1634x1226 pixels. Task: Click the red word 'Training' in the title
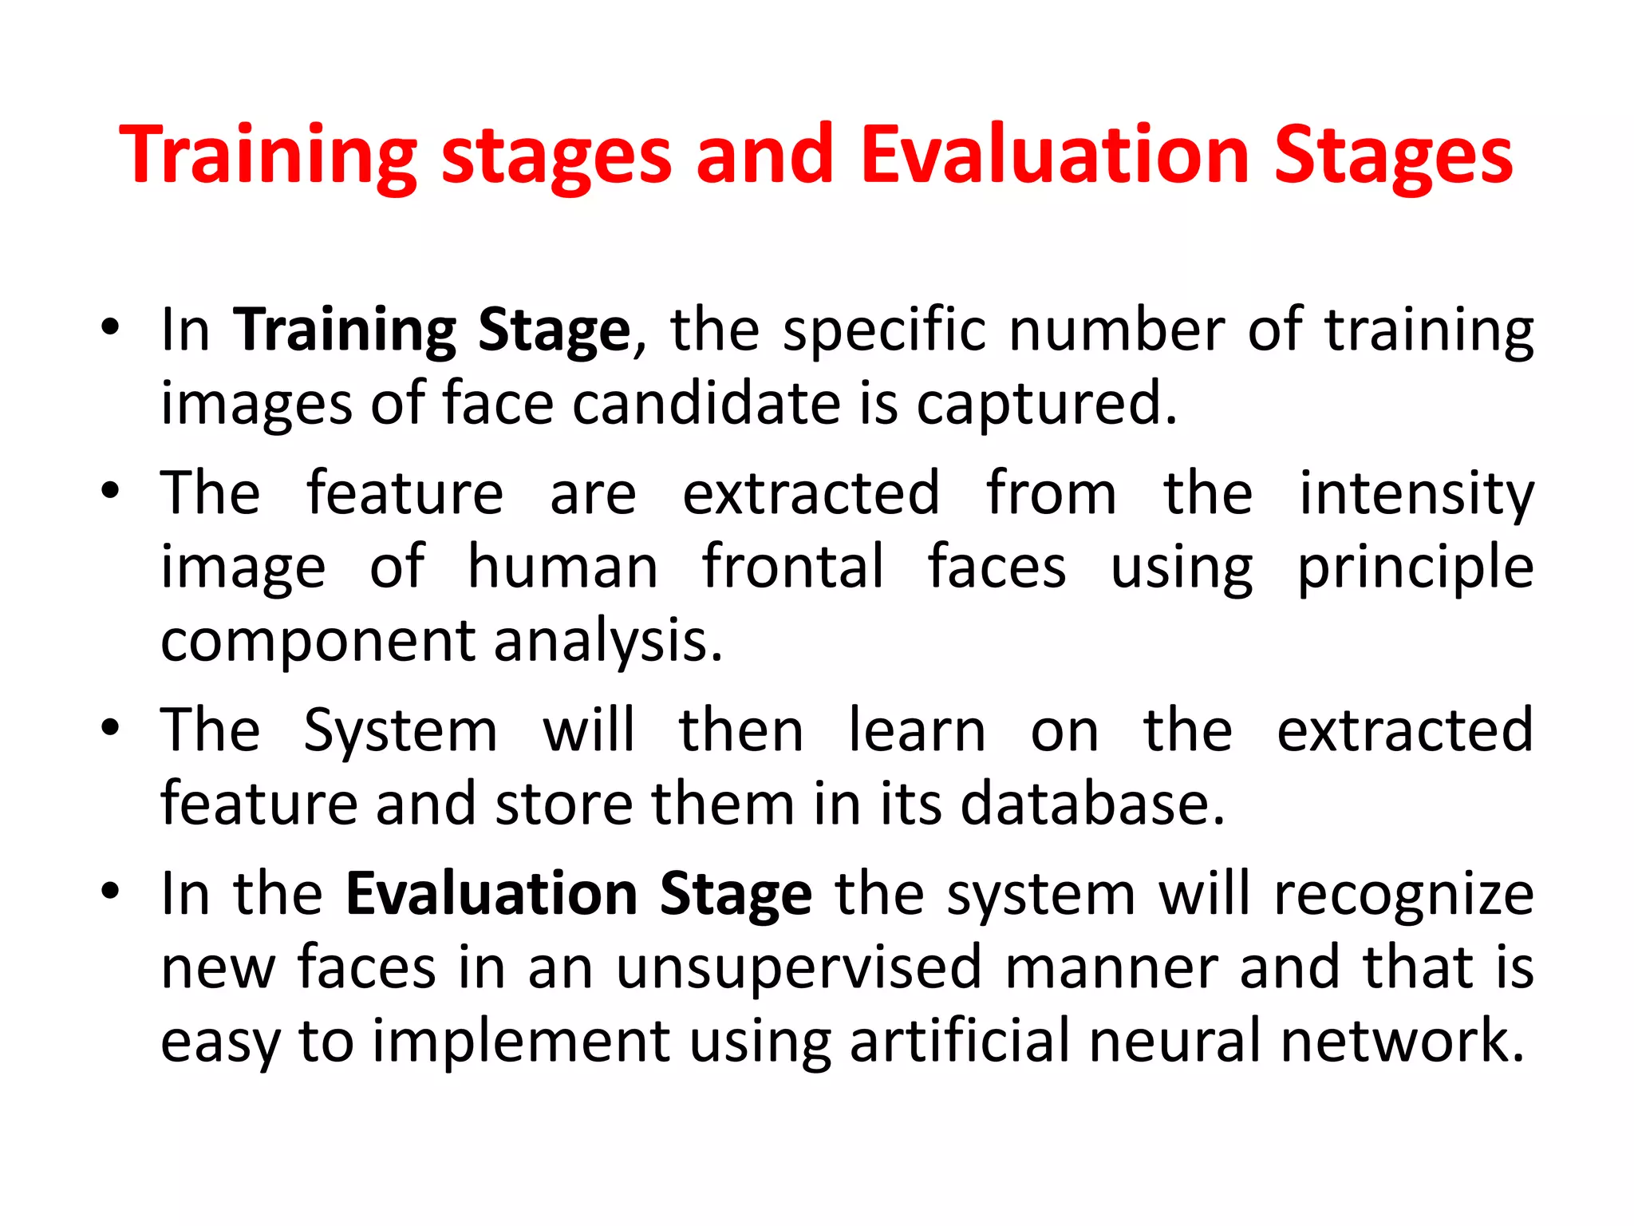click(268, 156)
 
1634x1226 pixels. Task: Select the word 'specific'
click(884, 330)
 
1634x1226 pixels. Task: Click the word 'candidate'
click(706, 403)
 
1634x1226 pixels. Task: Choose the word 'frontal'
click(793, 567)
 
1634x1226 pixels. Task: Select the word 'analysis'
click(608, 641)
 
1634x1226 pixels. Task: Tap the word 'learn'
click(917, 730)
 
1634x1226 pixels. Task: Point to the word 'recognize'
click(1404, 895)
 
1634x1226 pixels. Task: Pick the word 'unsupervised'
click(799, 968)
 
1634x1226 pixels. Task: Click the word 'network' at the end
click(1403, 1041)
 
